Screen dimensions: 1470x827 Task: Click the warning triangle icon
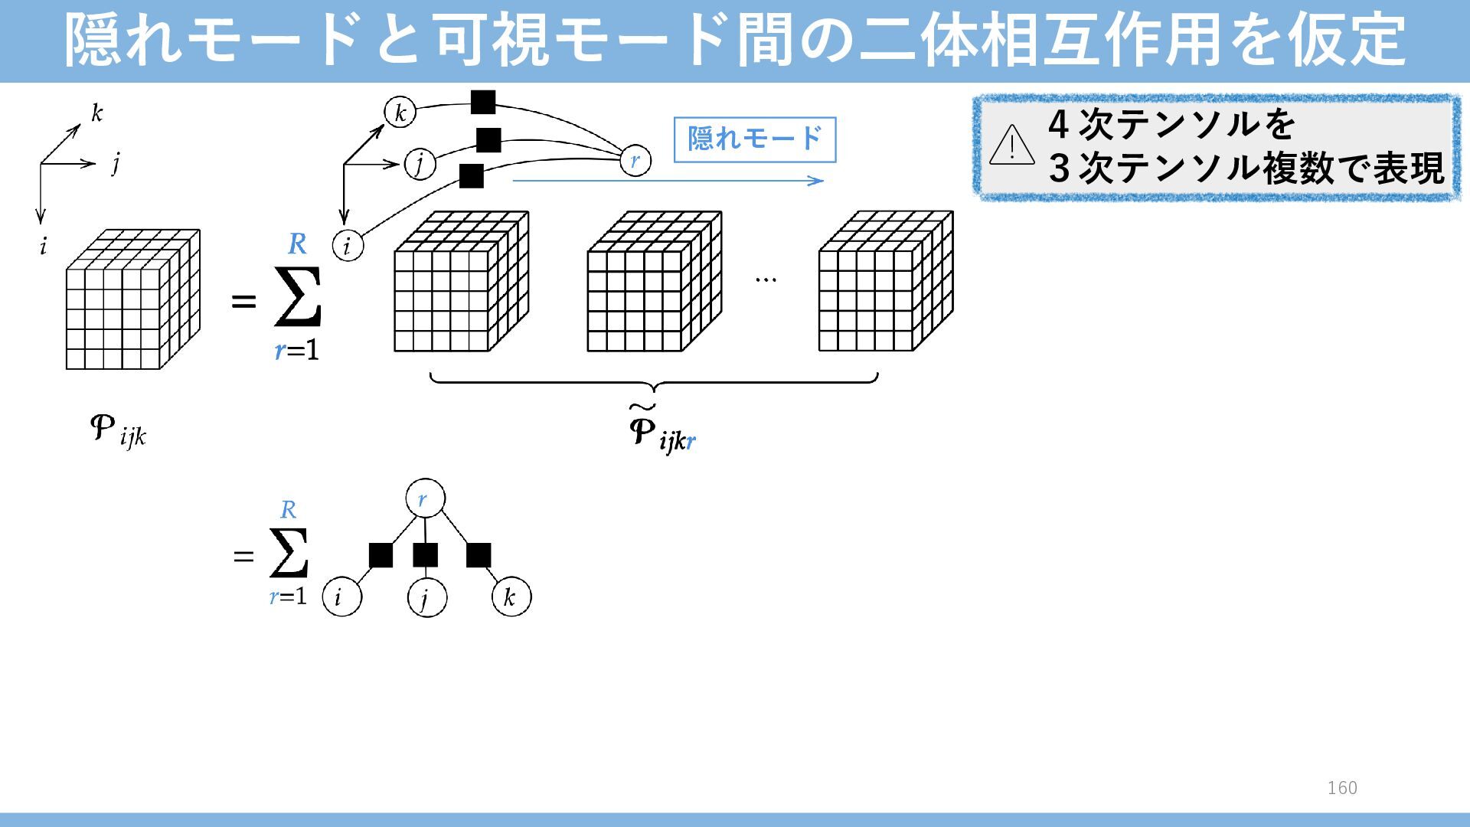(x=1011, y=145)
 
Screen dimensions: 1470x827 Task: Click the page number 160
(x=1342, y=788)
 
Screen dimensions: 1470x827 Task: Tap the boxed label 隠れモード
(x=754, y=139)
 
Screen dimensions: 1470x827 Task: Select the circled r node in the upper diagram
(x=635, y=161)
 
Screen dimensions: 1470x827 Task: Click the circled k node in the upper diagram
(x=400, y=113)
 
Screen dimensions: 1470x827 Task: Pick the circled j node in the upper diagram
(x=420, y=163)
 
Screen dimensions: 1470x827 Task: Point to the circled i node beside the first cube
(x=348, y=246)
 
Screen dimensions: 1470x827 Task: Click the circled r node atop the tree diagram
(x=425, y=500)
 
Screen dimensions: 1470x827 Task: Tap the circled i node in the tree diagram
(x=341, y=597)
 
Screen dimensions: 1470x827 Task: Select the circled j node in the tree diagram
(x=426, y=597)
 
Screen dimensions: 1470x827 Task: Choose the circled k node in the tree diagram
(x=511, y=597)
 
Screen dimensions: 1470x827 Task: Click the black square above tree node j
(x=425, y=555)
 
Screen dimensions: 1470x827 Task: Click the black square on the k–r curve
(x=482, y=102)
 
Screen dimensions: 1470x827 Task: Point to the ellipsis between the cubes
(x=766, y=280)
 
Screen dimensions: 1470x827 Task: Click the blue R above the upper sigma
(x=297, y=244)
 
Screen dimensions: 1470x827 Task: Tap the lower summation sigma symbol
(x=289, y=553)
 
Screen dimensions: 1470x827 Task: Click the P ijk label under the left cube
(x=117, y=431)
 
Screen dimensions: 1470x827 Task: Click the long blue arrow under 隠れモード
(x=667, y=181)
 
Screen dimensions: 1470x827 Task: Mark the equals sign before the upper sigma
(x=243, y=302)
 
